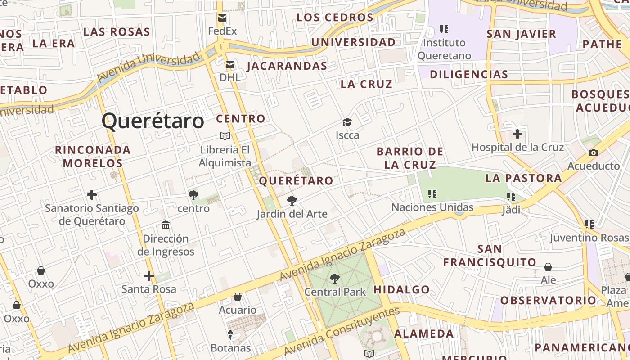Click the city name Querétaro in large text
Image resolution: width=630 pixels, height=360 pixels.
tap(153, 121)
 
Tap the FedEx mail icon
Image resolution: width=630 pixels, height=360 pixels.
tap(222, 18)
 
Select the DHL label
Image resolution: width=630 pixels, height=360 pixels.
tap(230, 77)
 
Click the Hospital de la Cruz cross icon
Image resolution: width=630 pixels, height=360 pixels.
tap(517, 134)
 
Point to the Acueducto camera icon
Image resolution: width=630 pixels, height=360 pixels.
tap(593, 153)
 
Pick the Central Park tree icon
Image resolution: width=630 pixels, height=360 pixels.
tap(335, 279)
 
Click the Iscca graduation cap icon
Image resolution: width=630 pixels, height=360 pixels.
tap(347, 122)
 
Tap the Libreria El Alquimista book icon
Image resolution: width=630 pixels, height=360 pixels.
tap(225, 136)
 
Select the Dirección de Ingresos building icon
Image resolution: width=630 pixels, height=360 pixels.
tap(166, 225)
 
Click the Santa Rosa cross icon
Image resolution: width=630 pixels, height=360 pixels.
tap(149, 275)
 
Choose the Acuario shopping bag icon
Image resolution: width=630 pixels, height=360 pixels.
tap(238, 297)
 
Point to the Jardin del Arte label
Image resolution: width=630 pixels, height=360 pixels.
tap(292, 214)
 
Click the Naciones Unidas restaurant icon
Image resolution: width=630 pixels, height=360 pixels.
tap(432, 194)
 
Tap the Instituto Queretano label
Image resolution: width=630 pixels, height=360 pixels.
tap(445, 49)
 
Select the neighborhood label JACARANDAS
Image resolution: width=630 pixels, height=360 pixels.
tap(287, 66)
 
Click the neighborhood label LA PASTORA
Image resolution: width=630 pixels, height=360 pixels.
tap(523, 178)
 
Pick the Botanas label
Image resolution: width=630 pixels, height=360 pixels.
tap(231, 348)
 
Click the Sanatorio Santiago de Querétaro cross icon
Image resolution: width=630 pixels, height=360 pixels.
tap(92, 195)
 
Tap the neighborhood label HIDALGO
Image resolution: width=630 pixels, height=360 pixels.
tap(401, 289)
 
